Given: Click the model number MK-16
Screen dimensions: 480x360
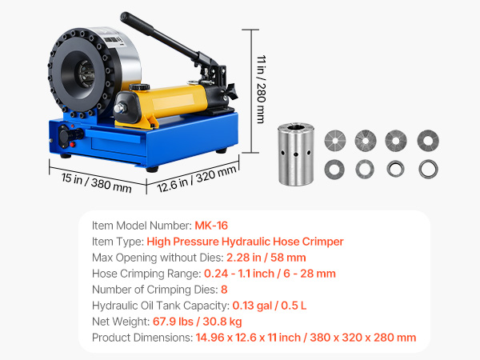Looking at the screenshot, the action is click(211, 226).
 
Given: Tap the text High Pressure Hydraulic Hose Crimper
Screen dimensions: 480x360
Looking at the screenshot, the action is click(245, 242).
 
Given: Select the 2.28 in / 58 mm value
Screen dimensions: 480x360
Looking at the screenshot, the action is click(266, 258).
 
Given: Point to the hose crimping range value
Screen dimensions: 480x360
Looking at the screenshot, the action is click(270, 274).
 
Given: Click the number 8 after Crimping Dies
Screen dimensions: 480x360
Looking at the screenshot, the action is click(224, 290).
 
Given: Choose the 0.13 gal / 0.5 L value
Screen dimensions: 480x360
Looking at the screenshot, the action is click(270, 306).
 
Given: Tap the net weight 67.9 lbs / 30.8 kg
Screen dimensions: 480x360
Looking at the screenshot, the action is click(197, 322).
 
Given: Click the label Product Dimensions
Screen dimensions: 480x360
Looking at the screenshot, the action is click(142, 338).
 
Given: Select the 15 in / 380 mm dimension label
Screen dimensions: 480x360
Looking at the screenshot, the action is click(97, 182).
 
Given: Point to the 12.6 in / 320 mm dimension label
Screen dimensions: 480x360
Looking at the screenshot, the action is click(197, 178).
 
